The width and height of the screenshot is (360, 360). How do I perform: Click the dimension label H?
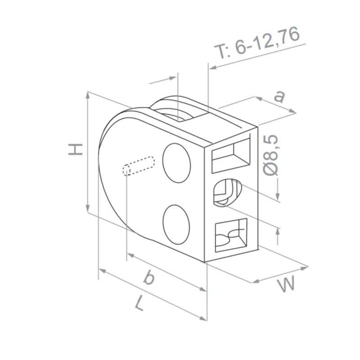[x=76, y=149]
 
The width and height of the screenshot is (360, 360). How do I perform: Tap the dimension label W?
[x=286, y=285]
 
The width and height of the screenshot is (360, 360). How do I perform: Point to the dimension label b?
[x=148, y=278]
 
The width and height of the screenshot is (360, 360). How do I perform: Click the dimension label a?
[x=280, y=96]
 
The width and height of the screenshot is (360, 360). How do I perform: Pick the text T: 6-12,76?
[x=258, y=45]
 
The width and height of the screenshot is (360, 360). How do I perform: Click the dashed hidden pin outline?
[x=139, y=165]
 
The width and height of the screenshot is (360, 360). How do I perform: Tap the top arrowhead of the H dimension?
[x=87, y=95]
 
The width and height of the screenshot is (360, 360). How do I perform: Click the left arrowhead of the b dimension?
[x=130, y=256]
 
